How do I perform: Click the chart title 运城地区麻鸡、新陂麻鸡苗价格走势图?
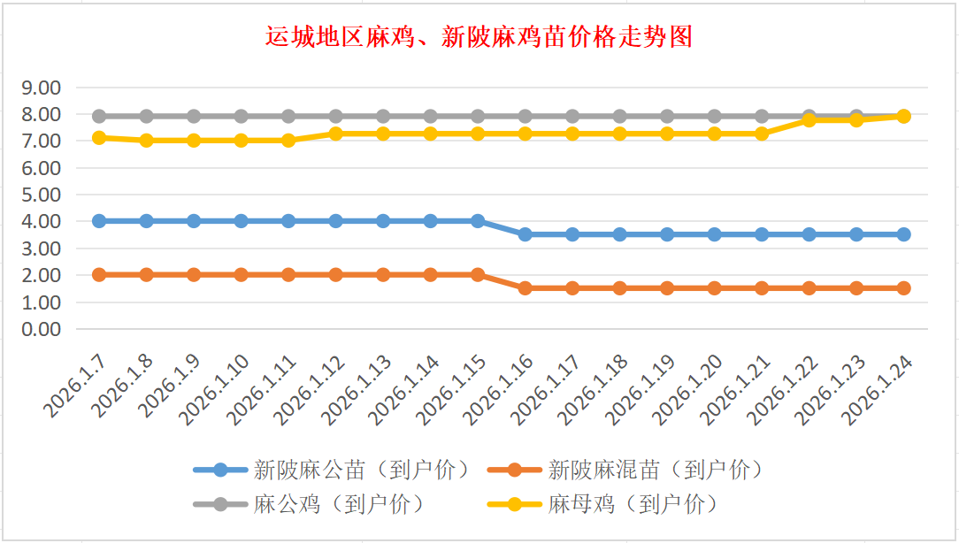click(x=479, y=37)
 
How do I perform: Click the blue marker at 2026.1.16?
click(x=526, y=234)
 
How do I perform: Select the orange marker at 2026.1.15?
click(x=478, y=275)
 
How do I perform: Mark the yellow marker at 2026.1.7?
click(x=99, y=138)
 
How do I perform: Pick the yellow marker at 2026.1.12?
click(x=336, y=134)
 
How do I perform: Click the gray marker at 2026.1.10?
click(x=242, y=116)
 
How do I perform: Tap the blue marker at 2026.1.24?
click(x=904, y=234)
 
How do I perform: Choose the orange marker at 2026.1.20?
click(x=715, y=288)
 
